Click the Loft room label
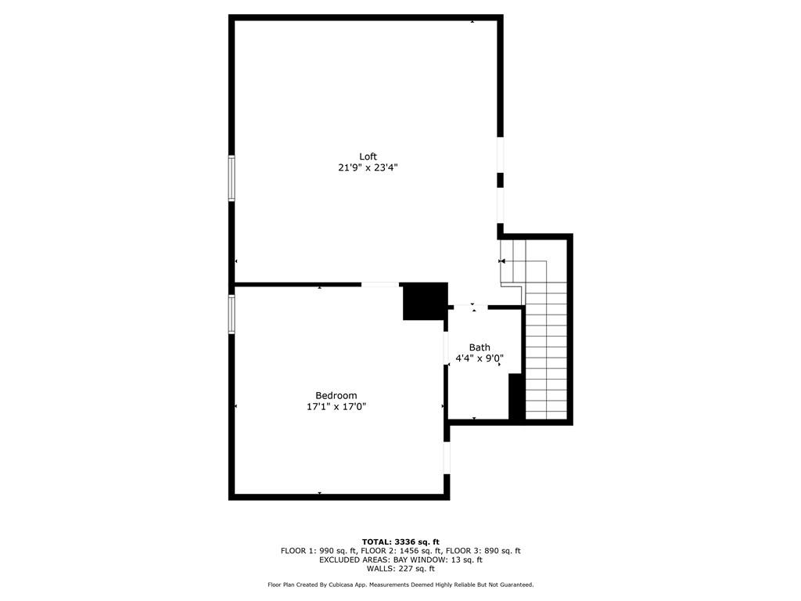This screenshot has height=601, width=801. [x=368, y=157]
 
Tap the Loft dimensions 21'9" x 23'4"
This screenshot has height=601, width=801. [x=368, y=167]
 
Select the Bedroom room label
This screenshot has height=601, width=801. [x=336, y=395]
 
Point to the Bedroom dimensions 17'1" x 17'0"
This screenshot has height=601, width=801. [x=336, y=407]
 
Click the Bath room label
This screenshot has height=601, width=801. [x=480, y=347]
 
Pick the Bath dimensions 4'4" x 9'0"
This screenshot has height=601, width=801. [x=480, y=358]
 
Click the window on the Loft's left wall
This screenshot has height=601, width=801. [x=232, y=178]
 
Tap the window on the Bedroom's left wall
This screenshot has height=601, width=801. [x=232, y=315]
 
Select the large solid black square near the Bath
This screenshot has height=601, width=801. [x=425, y=301]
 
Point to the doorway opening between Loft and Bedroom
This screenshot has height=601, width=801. [x=380, y=284]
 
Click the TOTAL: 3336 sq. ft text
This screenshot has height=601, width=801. [x=400, y=542]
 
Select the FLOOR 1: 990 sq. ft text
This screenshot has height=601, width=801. [x=318, y=551]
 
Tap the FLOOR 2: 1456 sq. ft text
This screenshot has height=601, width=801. [x=401, y=551]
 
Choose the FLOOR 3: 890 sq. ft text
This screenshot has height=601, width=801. [x=483, y=551]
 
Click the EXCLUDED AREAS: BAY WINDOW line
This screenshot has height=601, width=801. [x=400, y=560]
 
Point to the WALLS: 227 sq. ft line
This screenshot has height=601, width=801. [x=400, y=568]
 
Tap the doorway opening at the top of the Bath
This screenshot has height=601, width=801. [x=471, y=307]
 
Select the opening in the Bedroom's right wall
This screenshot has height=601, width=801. [x=447, y=458]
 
